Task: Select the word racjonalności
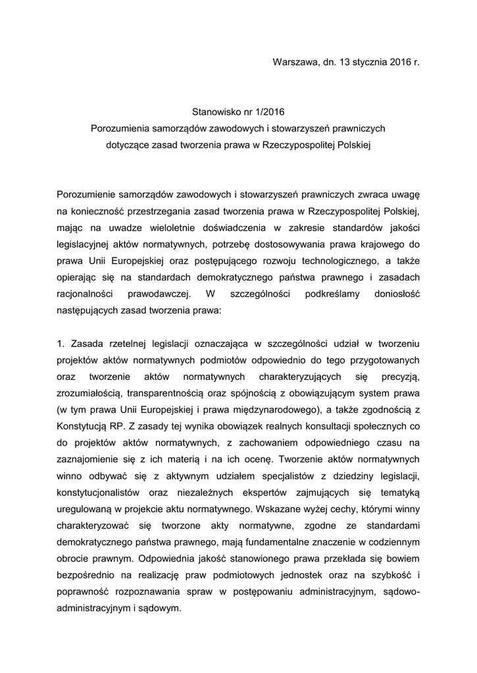86,294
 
